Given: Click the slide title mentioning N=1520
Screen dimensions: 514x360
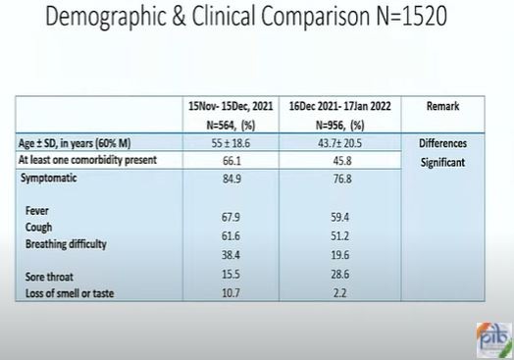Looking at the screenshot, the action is click(246, 17).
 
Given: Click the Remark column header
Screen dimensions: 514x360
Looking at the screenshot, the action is click(442, 106).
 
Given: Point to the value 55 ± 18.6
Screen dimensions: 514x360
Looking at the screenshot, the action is click(231, 143).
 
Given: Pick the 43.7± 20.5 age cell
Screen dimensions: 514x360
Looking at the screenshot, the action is click(340, 143).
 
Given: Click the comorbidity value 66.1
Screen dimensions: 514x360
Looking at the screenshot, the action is click(231, 161).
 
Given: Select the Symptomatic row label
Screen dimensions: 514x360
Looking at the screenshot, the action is click(48, 178).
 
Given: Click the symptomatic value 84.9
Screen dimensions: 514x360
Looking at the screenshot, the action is click(231, 179).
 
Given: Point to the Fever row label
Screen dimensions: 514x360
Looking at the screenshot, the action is click(36, 211).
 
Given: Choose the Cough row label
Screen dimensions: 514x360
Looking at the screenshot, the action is click(38, 228).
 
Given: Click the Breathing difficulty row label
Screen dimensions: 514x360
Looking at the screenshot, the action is click(66, 244).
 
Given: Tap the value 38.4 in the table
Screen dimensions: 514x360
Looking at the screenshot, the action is click(231, 255).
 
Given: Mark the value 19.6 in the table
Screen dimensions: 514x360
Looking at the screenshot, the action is click(340, 255).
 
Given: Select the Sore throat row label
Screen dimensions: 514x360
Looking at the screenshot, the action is click(49, 277).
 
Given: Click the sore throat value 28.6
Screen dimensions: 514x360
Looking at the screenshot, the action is click(340, 274).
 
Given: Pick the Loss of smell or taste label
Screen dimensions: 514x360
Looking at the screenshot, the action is click(70, 293).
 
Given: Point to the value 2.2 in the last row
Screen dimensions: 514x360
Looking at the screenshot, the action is click(339, 292).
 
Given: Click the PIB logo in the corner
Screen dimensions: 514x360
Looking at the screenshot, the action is click(494, 340).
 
